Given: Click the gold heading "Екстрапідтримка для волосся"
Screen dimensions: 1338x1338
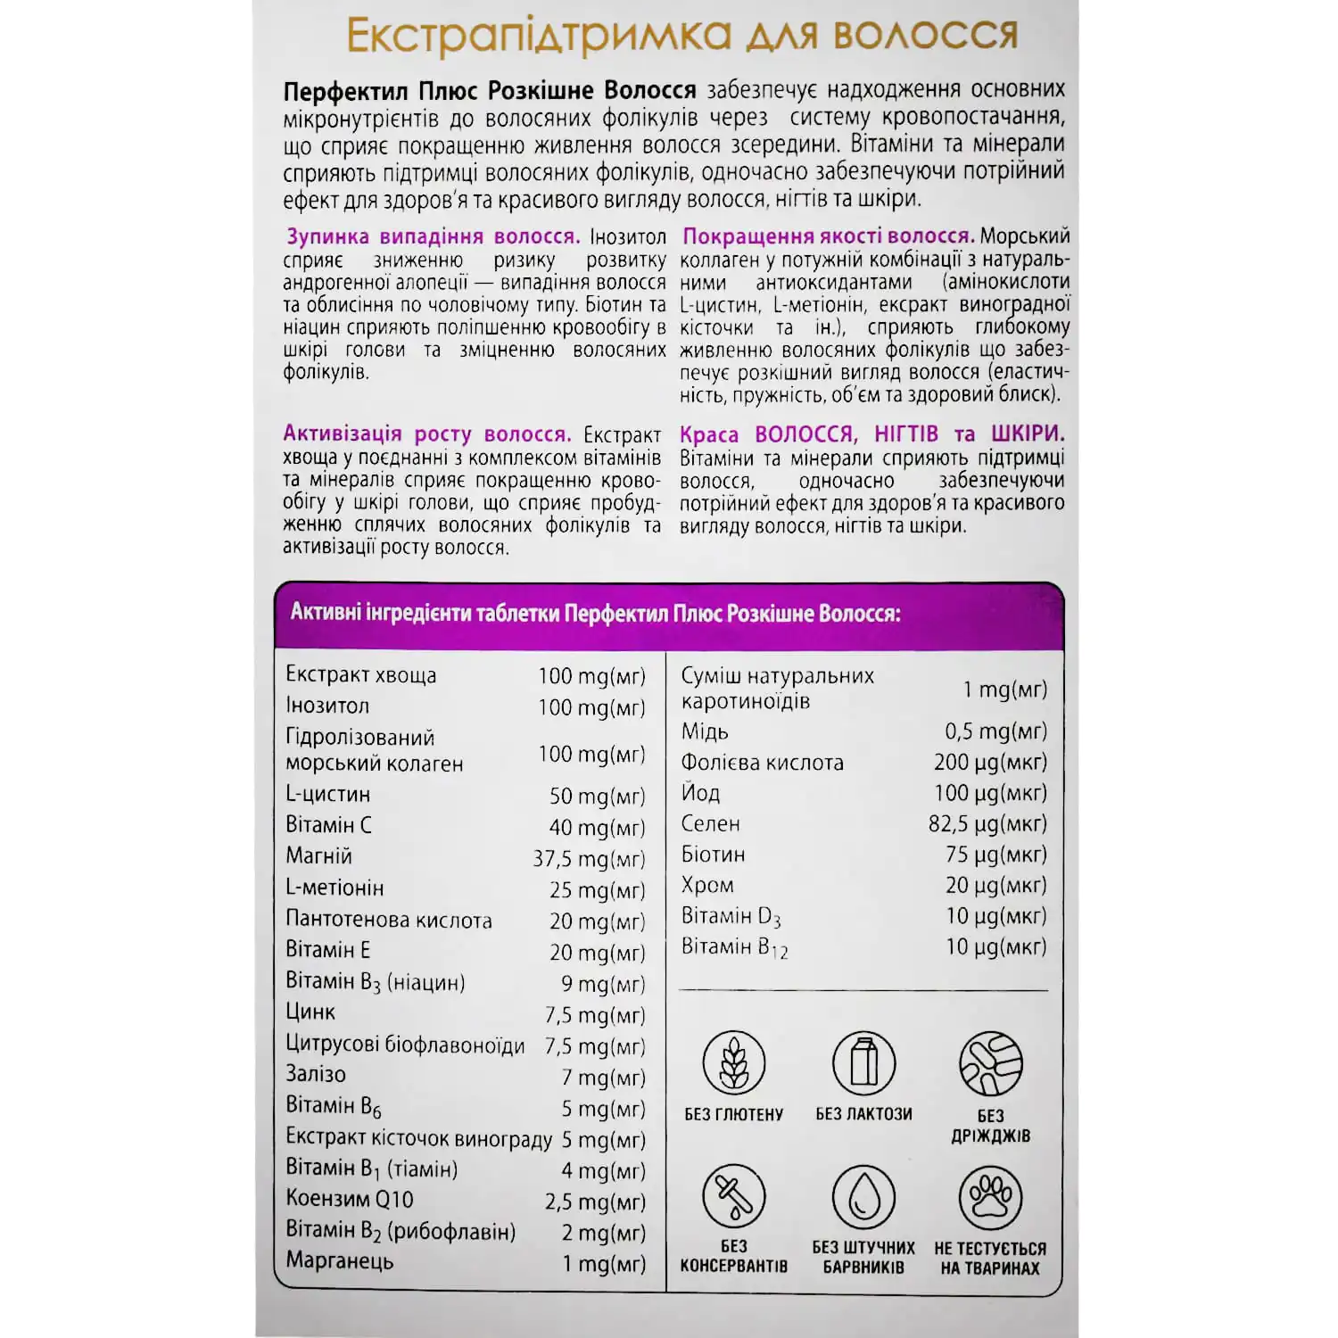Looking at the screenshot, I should click(681, 37).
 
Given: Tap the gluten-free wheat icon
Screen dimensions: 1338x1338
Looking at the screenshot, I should click(733, 1063).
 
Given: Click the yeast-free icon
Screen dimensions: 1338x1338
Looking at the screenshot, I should click(990, 1063).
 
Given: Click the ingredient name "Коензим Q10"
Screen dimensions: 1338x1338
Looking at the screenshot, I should click(350, 1200).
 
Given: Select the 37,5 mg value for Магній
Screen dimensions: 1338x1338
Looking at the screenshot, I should click(589, 859).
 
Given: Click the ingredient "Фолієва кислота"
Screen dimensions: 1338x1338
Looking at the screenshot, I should click(762, 763).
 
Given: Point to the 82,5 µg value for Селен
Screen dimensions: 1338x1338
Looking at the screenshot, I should click(987, 824).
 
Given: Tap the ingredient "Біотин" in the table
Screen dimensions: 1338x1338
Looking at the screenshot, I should click(713, 855).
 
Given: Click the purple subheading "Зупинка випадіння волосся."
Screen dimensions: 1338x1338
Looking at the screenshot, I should click(433, 237).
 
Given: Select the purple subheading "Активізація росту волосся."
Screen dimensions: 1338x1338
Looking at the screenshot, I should click(426, 434).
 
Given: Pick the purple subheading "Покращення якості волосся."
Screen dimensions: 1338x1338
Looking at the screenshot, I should click(828, 236).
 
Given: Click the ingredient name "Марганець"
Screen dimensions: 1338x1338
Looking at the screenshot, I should click(340, 1261).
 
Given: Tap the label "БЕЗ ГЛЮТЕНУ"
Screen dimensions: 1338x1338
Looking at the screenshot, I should click(733, 1115).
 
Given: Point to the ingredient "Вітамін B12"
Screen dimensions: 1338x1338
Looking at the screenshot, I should click(734, 947).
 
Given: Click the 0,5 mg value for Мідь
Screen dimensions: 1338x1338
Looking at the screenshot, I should click(995, 731).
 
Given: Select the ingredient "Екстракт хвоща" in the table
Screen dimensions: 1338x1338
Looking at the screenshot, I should click(361, 675).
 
